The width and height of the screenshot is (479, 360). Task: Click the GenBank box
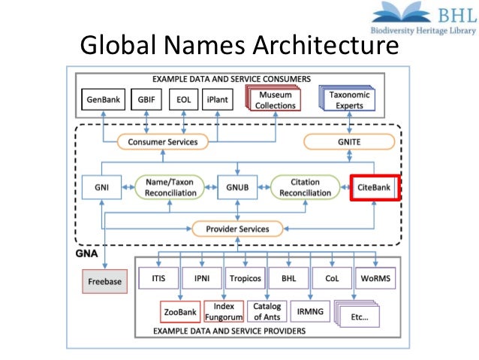(x=101, y=100)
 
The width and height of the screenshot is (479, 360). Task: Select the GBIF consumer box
(x=145, y=100)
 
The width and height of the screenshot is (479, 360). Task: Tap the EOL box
(x=183, y=100)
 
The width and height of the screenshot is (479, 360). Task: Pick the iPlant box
(x=220, y=100)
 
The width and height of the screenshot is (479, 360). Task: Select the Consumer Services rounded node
(x=162, y=141)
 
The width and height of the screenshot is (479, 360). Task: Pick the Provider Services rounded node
(x=237, y=228)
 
